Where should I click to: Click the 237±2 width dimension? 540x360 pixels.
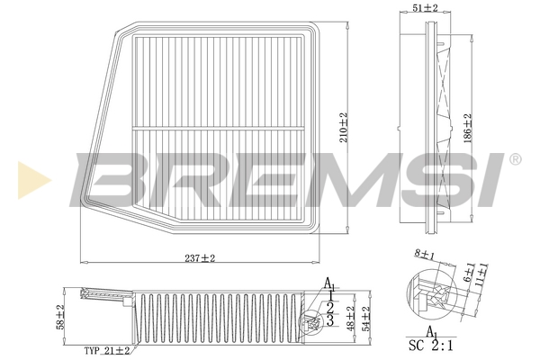click(x=200, y=258)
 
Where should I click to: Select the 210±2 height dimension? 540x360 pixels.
click(x=344, y=128)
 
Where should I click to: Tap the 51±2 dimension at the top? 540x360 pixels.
click(x=425, y=8)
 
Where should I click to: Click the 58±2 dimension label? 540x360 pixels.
click(x=60, y=317)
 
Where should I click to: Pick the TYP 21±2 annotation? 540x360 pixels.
click(x=107, y=351)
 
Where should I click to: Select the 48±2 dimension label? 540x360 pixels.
click(x=351, y=319)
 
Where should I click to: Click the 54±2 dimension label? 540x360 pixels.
click(x=365, y=319)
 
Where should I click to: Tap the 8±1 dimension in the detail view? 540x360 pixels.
click(x=424, y=255)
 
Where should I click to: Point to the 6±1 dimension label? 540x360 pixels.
click(x=470, y=273)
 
